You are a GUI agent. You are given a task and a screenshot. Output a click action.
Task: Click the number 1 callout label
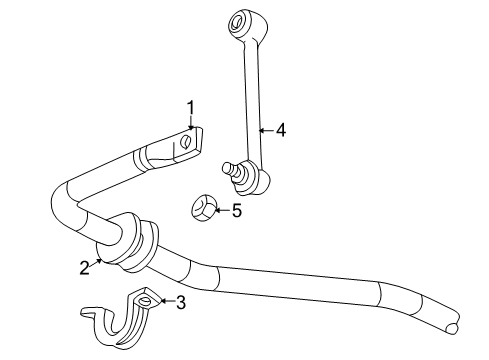(190, 108)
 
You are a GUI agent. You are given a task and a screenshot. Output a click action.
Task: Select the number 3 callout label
(180, 301)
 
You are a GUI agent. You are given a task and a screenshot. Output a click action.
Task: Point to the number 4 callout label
(282, 129)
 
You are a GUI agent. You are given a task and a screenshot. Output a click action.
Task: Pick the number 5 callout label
(237, 211)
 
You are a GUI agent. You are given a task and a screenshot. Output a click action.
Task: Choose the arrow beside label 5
(222, 211)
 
